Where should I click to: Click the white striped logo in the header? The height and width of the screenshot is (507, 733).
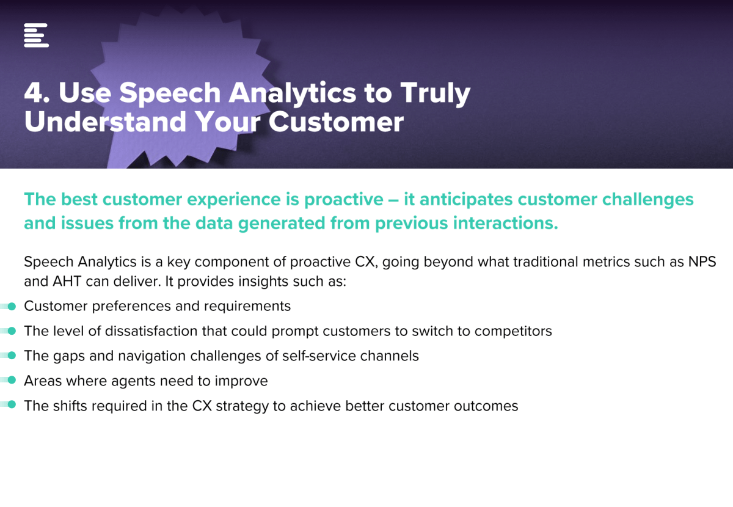point(36,35)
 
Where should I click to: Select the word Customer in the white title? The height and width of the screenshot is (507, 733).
point(336,122)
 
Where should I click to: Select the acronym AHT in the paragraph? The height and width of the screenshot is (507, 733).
point(67,282)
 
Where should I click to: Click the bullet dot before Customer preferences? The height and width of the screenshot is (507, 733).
point(12,307)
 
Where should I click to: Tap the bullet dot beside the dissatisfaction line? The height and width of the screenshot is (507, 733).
point(12,331)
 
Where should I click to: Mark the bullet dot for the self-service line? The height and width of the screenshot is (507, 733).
point(12,356)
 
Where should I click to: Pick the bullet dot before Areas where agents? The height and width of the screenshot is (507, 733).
point(12,380)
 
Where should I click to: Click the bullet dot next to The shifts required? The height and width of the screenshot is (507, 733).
point(12,404)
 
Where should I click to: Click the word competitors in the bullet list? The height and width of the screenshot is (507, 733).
point(513,332)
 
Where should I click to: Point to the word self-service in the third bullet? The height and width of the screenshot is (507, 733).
point(319,356)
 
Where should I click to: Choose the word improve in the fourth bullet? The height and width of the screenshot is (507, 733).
point(241,381)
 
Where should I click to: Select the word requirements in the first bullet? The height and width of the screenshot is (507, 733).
point(247,307)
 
